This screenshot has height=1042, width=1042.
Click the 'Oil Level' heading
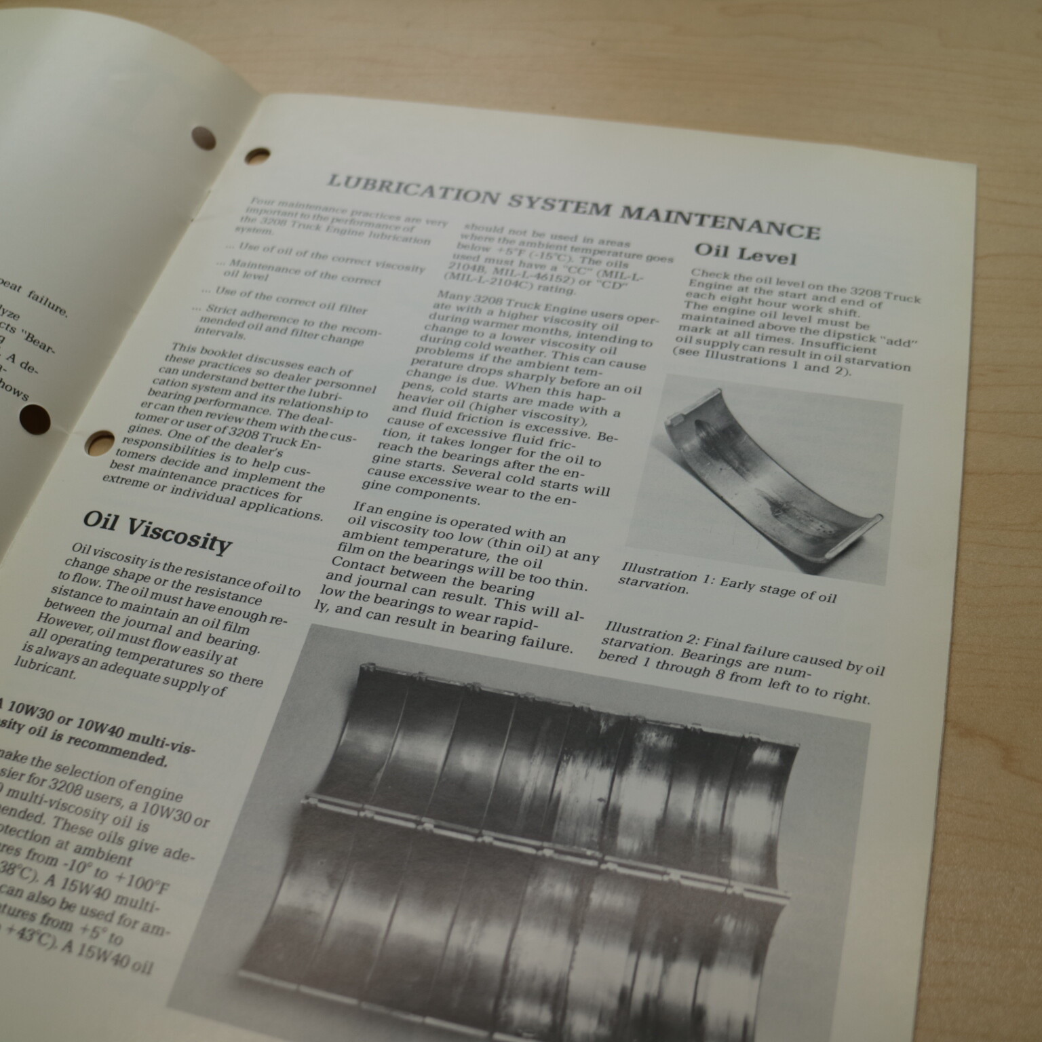point(744,254)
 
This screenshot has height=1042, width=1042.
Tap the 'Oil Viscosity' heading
point(157,532)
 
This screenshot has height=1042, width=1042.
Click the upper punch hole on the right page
point(257,155)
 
